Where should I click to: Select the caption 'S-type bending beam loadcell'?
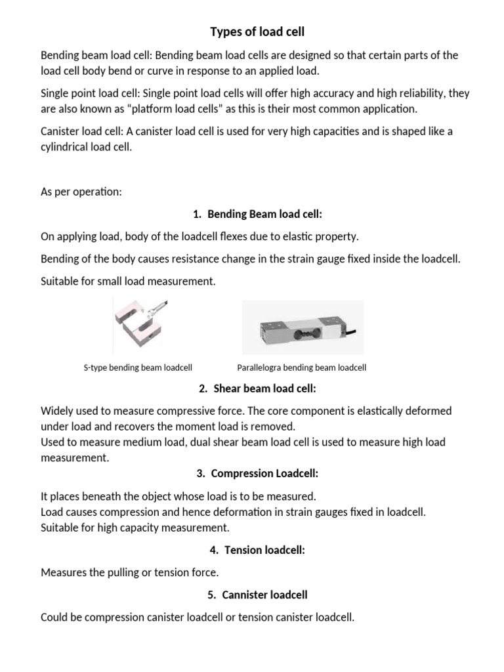138,368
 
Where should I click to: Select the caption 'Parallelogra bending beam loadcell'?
301,368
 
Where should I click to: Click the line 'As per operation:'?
81,192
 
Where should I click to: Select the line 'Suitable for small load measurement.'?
127,282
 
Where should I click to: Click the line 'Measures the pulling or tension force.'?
129,573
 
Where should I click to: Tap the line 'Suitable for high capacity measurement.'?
135,528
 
